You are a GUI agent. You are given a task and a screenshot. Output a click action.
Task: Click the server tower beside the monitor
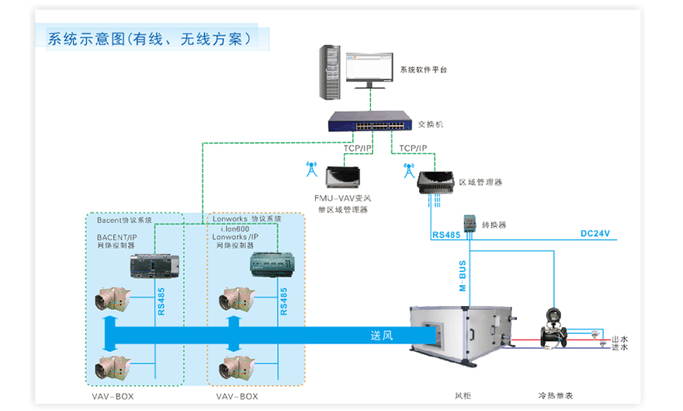point(332,71)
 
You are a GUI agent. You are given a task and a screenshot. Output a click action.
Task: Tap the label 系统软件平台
point(423,70)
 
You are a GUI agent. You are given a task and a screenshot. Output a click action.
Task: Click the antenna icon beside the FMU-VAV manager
point(312,169)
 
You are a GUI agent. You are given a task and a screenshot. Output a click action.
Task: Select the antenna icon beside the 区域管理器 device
point(406,169)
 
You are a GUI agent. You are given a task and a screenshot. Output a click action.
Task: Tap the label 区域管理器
point(480,183)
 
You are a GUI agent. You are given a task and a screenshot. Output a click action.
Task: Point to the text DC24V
point(595,233)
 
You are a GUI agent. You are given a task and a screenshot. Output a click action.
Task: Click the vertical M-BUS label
point(463,277)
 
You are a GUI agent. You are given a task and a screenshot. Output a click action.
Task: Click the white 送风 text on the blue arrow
point(382,336)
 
